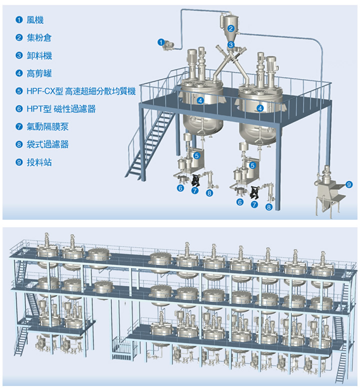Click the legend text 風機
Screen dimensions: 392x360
[x=35, y=20]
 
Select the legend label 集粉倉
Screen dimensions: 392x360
[x=39, y=37]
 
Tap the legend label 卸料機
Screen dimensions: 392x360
[x=39, y=55]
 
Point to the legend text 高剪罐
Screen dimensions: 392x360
[x=39, y=73]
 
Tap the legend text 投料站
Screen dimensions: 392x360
[x=39, y=162]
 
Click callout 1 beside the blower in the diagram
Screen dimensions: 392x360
[x=161, y=42]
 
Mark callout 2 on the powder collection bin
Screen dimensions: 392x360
[x=230, y=28]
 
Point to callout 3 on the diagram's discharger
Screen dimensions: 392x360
[x=230, y=44]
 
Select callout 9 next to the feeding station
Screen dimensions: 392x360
[x=349, y=184]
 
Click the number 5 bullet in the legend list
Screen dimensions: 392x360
[x=19, y=91]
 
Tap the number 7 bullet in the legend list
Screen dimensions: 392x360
[x=19, y=127]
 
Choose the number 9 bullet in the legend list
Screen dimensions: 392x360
[x=19, y=162]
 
